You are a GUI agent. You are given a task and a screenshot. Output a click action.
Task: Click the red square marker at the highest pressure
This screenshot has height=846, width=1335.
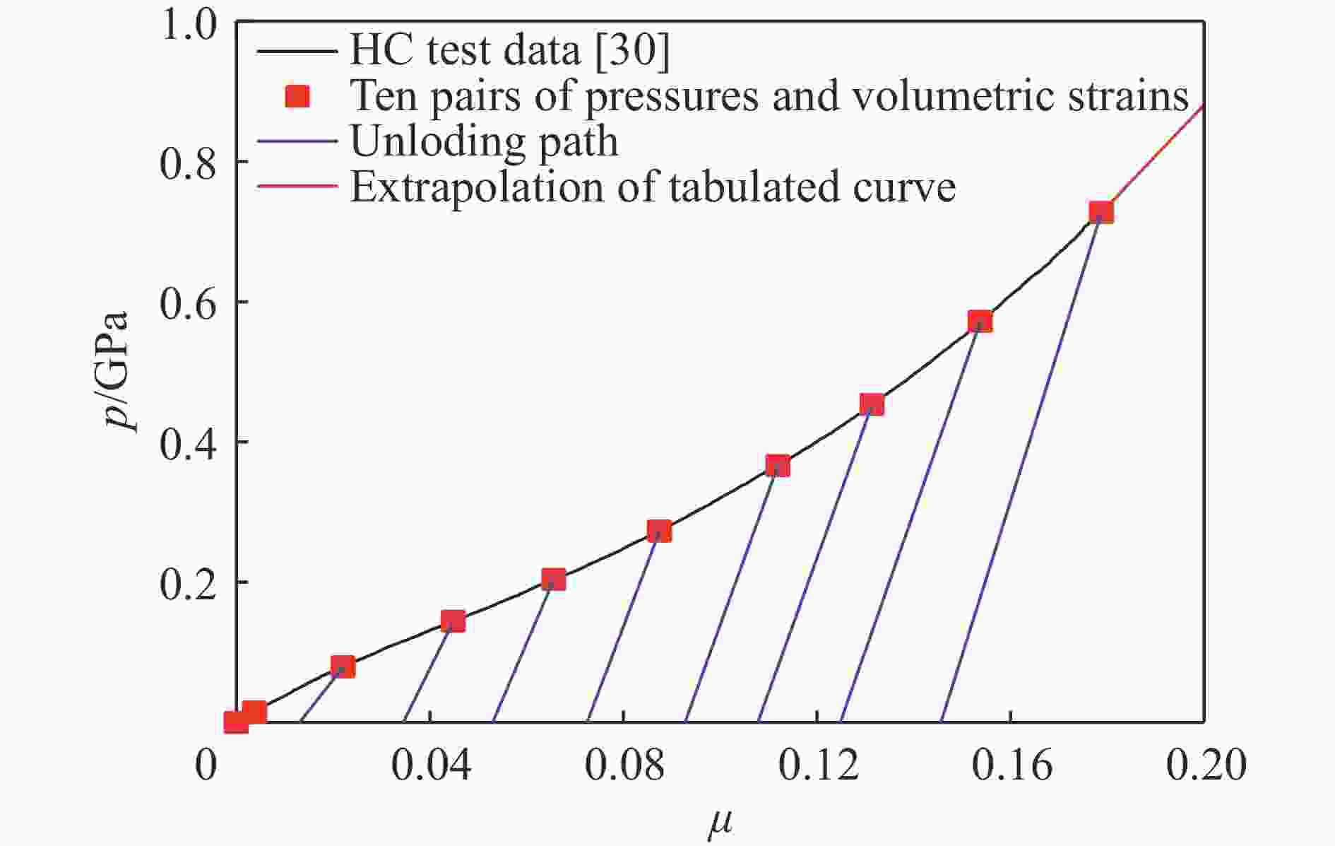[1100, 212]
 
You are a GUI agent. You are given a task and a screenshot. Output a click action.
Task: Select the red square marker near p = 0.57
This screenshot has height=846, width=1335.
[980, 322]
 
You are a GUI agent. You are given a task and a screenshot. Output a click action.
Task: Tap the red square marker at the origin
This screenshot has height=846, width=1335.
[236, 722]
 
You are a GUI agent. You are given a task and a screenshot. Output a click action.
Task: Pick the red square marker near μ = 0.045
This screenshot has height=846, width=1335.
[453, 621]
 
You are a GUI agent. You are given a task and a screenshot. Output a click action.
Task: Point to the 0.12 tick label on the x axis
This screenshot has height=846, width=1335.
[818, 766]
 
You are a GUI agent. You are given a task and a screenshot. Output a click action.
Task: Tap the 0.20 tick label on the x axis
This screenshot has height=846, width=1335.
[1205, 766]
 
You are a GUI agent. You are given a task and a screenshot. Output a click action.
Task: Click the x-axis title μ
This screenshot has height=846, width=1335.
[720, 823]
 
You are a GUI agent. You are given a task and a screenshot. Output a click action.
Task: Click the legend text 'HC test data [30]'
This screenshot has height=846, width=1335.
[509, 49]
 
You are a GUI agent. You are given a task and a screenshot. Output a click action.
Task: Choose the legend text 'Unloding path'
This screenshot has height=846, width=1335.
[484, 141]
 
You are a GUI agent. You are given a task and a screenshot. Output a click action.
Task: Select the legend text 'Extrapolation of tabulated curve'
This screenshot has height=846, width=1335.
[653, 187]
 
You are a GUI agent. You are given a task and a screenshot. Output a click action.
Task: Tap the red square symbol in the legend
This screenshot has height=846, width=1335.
[297, 96]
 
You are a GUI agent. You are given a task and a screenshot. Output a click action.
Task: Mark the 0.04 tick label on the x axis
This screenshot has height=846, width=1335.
[430, 766]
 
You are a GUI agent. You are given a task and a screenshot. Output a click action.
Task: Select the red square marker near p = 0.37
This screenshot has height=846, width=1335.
[777, 466]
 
